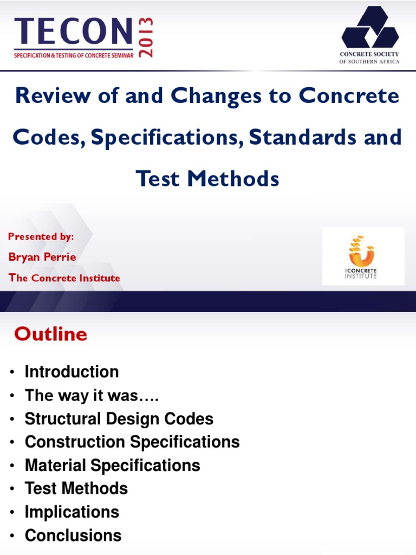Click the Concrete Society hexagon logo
click(370, 27)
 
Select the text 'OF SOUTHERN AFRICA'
click(370, 61)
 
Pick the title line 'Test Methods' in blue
click(207, 178)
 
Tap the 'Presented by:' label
click(41, 236)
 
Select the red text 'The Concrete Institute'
click(64, 278)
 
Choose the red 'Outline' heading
click(50, 334)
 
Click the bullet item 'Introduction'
click(71, 372)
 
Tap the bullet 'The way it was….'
click(92, 396)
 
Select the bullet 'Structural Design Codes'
click(119, 419)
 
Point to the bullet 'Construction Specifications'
click(132, 442)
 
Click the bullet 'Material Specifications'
click(112, 466)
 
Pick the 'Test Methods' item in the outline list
click(76, 488)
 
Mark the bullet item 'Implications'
click(71, 512)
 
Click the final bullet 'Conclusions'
click(73, 535)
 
